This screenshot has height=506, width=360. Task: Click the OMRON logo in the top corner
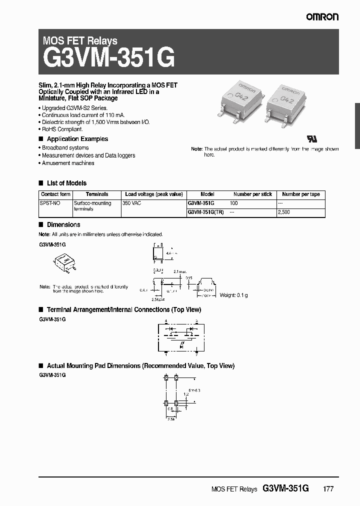(x=322, y=17)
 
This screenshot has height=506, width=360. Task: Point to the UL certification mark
(x=310, y=137)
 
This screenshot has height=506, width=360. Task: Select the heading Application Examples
(x=77, y=139)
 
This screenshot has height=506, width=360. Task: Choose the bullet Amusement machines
(x=68, y=163)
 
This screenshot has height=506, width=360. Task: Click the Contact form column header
(x=55, y=194)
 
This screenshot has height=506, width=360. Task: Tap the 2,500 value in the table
(x=283, y=212)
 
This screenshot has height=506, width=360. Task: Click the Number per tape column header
(x=300, y=194)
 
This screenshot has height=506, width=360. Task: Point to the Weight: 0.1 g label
(x=233, y=295)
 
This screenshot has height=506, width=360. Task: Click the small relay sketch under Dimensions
(x=64, y=261)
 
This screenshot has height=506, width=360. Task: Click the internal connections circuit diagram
(x=180, y=335)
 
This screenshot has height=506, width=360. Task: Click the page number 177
(x=328, y=489)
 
